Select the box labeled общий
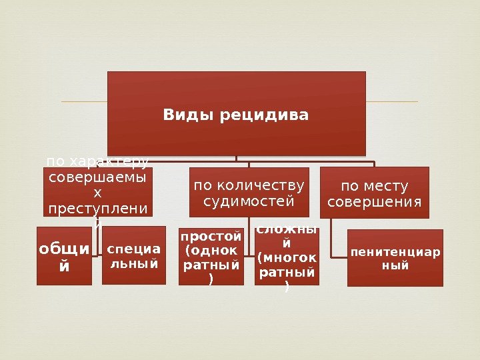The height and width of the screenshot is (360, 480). coord(64,256)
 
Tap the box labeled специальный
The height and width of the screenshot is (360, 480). coord(133,255)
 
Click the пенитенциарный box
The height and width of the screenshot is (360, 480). coord(395,258)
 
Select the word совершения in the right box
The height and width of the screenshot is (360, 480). coord(375,201)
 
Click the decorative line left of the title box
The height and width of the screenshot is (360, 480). coord(83,102)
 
